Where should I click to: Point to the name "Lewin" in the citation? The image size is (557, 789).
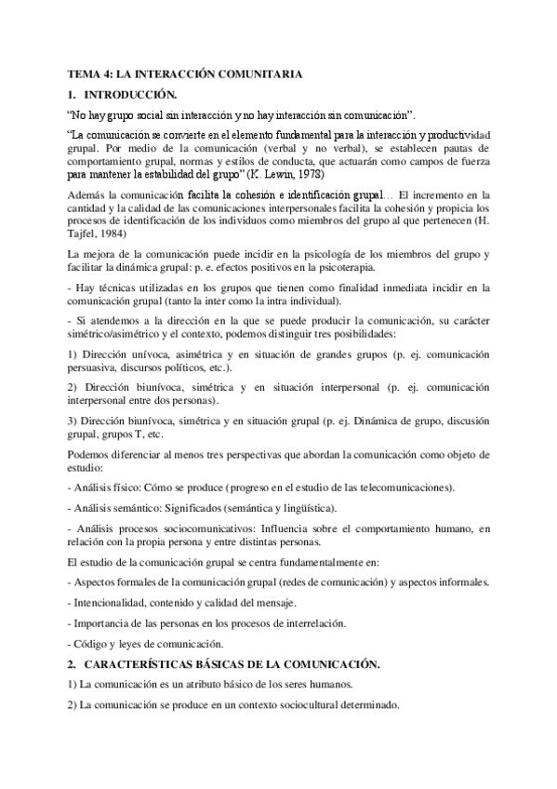point(291,173)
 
